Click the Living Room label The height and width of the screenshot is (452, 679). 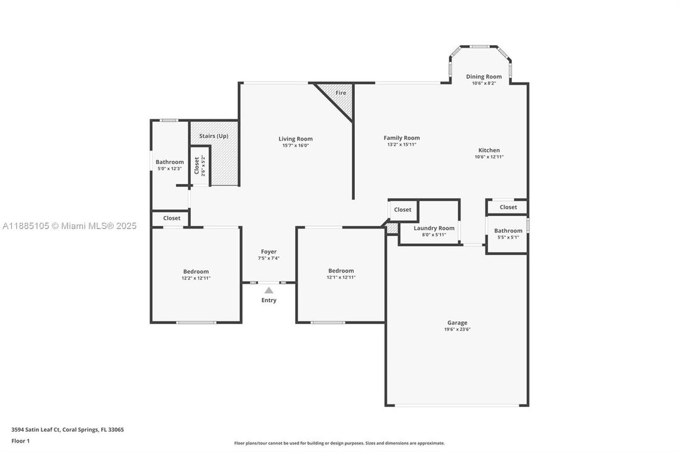coord(295,139)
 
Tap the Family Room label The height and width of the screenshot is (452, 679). coord(402,137)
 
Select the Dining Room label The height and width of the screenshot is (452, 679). coord(484,77)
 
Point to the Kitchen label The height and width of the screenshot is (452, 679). coord(489,150)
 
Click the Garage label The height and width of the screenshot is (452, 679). coord(457,323)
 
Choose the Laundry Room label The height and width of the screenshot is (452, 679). coord(434,228)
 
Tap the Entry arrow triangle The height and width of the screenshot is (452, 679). coord(269,290)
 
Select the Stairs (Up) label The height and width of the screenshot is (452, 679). coord(214,136)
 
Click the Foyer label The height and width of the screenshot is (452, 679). coord(269,252)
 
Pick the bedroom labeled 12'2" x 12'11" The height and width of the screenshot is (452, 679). coord(195,274)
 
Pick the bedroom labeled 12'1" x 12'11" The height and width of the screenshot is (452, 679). coord(341,274)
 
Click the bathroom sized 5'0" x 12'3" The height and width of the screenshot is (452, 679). coord(170,164)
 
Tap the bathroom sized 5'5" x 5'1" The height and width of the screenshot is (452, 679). coord(508,234)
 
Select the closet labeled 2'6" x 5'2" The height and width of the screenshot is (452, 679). coord(200,166)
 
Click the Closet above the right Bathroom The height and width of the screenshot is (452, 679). coord(508,207)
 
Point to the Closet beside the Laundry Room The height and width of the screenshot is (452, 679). coord(403,210)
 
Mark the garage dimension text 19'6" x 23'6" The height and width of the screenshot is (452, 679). coord(457,330)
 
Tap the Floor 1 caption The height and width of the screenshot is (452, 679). coord(21,441)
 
